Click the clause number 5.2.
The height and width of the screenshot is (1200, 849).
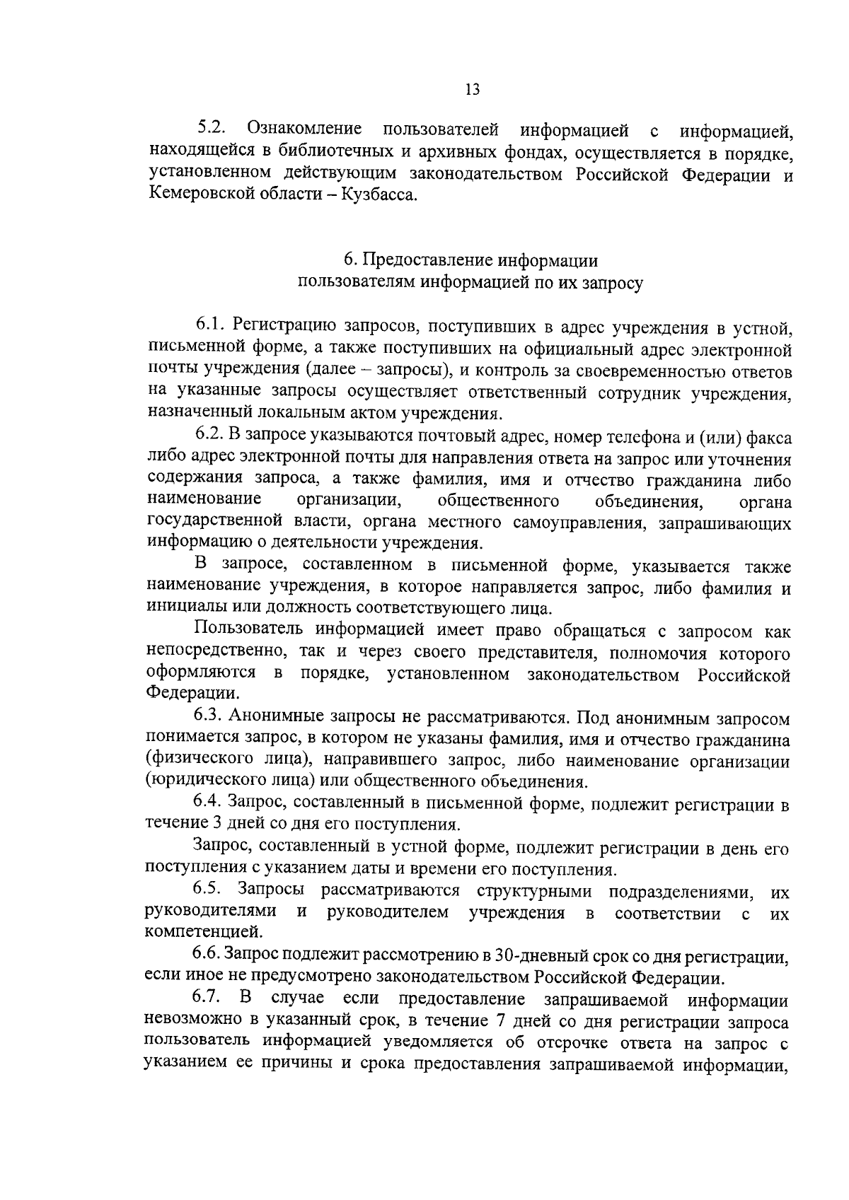click(212, 129)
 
